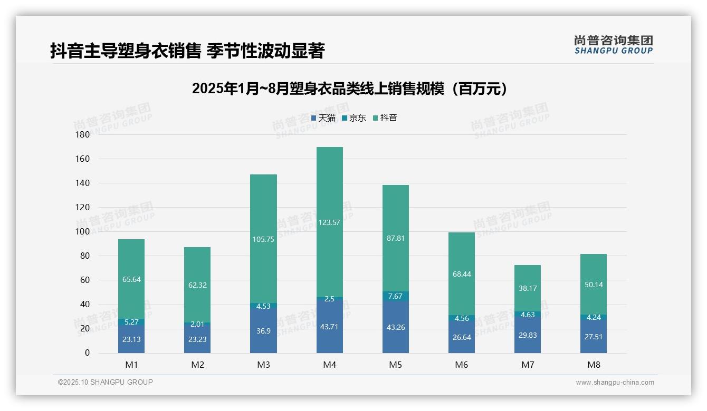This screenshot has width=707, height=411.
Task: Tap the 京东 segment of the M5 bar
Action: point(395,296)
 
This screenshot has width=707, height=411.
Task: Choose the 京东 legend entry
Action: point(354,118)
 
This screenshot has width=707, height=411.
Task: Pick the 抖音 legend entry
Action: point(385,118)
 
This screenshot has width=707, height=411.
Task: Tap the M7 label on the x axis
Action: point(528,365)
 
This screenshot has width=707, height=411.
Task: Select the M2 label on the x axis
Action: point(197,365)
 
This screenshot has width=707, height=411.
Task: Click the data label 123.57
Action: point(329,222)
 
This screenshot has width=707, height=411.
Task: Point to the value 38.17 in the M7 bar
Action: point(528,288)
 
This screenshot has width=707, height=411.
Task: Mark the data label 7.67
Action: point(395,296)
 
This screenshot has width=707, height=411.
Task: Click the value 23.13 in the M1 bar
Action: point(131,339)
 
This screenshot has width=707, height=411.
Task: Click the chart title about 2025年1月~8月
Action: point(349,89)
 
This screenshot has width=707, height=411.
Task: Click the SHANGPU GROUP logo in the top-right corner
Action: point(613,45)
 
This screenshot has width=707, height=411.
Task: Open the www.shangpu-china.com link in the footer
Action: point(615,383)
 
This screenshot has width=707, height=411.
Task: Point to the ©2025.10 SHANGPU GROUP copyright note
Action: point(106,383)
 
